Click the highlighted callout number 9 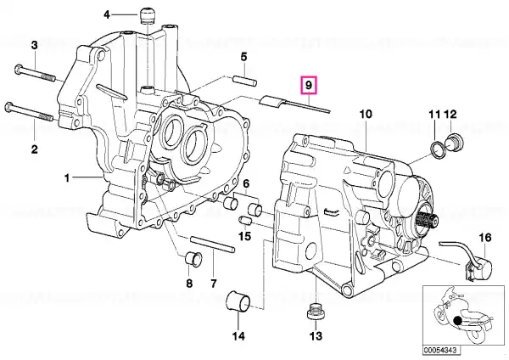(309, 85)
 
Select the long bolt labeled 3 (35, 74)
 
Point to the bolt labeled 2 (29, 112)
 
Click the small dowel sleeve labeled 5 (245, 82)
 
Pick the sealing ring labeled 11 (437, 148)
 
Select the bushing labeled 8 (193, 259)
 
